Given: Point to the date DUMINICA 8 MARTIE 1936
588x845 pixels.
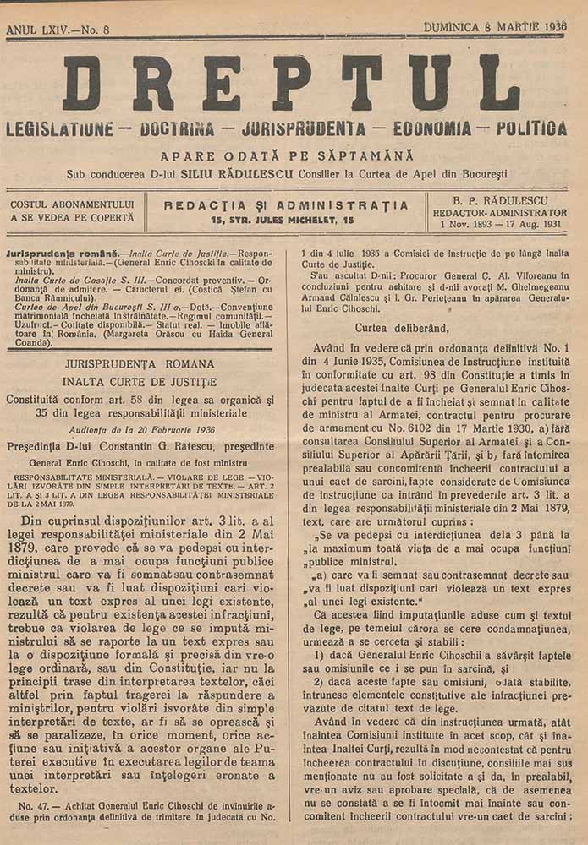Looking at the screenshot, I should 494,27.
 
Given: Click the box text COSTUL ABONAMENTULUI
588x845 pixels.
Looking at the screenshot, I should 72,204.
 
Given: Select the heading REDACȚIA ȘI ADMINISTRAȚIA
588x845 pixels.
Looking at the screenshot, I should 285,205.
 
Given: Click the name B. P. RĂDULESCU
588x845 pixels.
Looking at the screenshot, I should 497,201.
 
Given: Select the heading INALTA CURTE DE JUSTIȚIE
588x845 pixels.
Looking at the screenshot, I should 140,380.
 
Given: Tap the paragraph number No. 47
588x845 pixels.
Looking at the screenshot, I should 32,805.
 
